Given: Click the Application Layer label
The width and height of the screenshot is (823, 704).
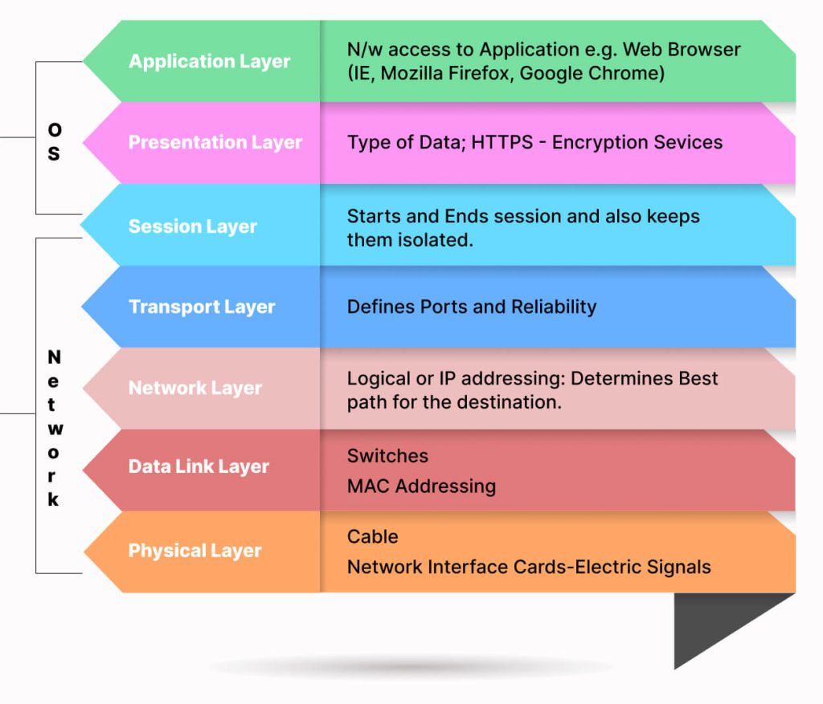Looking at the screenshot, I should click(209, 62).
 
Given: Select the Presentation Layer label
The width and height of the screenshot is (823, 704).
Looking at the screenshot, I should click(215, 143).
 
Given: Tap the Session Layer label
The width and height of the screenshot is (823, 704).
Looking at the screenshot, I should click(192, 226).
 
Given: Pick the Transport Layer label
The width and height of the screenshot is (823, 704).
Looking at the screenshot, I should click(202, 307).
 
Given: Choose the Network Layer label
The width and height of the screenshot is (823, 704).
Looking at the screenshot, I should click(195, 388).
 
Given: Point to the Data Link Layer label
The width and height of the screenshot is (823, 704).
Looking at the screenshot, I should click(199, 466).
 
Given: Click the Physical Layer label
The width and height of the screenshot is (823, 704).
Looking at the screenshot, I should click(194, 551).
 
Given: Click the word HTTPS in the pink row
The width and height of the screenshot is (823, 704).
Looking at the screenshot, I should click(502, 143).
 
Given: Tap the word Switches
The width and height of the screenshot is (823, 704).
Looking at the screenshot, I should click(387, 456).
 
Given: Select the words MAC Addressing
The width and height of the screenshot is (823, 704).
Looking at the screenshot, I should click(421, 486).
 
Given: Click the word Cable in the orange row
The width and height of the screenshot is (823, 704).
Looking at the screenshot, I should click(372, 536).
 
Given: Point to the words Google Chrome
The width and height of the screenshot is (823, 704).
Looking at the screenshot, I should click(592, 74).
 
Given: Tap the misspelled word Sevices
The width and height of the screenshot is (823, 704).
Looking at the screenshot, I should click(687, 143).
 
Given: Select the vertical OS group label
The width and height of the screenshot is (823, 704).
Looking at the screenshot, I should click(54, 141).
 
